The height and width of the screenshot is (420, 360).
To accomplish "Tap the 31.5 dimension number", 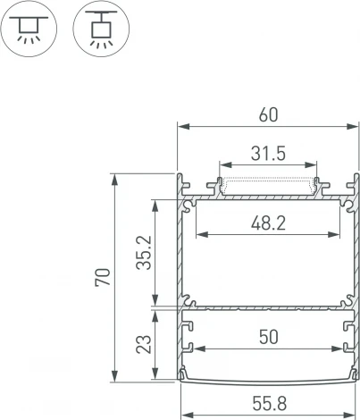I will pos(268,154).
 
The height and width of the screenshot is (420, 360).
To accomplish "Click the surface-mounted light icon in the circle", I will pos(30,30).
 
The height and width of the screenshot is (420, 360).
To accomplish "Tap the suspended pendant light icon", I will pos(98,30).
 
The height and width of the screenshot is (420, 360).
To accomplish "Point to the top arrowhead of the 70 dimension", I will pos(115,177).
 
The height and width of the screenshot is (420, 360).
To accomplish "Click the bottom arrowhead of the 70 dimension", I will pos(115,375).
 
